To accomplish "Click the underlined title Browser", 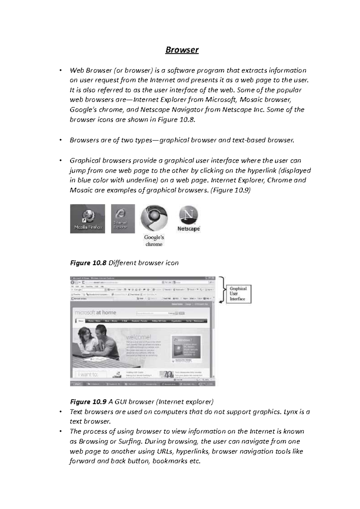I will (182, 50).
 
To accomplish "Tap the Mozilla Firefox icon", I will (88, 219).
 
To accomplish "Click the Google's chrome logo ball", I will (154, 218).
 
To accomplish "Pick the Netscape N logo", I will (189, 216).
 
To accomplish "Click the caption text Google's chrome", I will (154, 241).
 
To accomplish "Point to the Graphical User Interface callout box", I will (238, 294).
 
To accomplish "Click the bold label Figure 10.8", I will (88, 263).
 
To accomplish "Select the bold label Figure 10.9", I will (88, 402).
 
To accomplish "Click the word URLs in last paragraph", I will (165, 451).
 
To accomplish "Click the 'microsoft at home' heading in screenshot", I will (95, 313).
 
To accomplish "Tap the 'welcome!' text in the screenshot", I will (139, 337).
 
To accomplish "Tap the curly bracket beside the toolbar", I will (222, 290).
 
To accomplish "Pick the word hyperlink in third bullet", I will (262, 171).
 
